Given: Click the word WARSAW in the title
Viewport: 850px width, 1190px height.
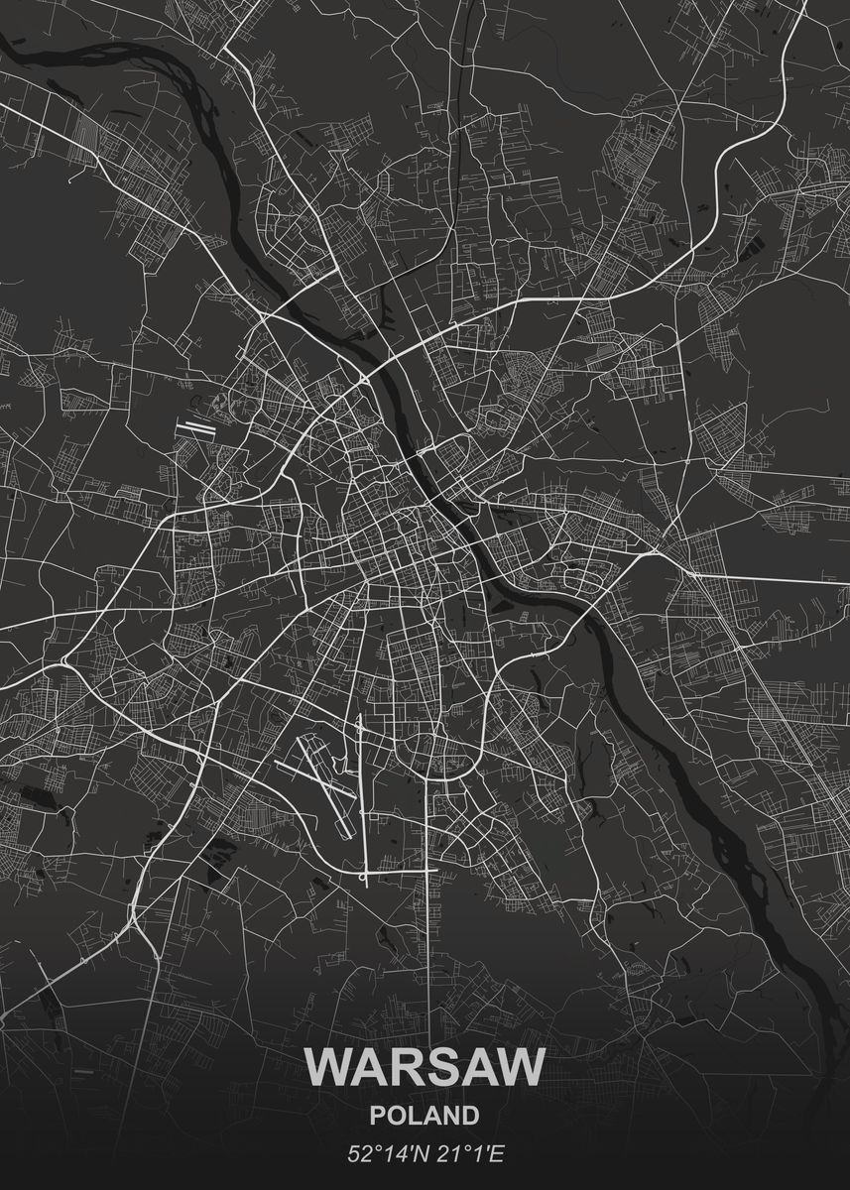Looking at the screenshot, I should (425, 1065).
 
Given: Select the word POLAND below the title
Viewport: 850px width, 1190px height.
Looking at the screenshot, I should (425, 1116).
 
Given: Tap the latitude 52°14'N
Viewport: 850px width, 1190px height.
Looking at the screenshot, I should (380, 1154).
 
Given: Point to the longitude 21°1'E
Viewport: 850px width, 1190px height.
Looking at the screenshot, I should (465, 1154).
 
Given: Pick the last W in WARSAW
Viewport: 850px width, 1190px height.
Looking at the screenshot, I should (520, 1065).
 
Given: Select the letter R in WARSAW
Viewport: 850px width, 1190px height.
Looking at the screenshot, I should (402, 1065).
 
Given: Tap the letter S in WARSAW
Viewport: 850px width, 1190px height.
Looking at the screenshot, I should (437, 1065).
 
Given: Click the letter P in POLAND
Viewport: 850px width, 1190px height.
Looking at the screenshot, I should (377, 1116).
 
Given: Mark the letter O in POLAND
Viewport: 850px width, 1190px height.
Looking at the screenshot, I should (395, 1116).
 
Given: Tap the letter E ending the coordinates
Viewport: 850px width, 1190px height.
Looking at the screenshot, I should (499, 1154).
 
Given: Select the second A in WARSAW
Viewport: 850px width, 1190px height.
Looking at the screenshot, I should (474, 1065).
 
